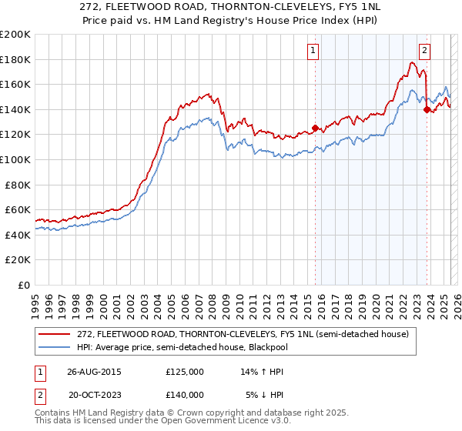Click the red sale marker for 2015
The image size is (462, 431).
[315, 129]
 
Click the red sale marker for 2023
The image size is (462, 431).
[426, 109]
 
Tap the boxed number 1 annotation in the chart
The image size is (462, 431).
[313, 52]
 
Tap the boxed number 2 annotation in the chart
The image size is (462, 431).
[424, 52]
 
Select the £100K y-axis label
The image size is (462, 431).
[15, 159]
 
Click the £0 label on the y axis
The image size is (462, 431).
[24, 285]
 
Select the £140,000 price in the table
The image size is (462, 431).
[185, 394]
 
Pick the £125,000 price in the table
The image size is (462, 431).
[185, 371]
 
